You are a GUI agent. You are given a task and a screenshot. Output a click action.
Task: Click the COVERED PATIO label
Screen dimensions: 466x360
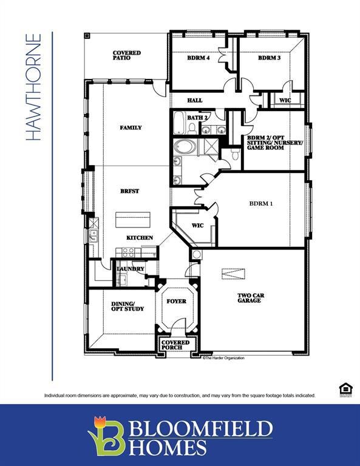tap(126, 56)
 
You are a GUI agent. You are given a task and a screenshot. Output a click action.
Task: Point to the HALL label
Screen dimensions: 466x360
tap(195, 101)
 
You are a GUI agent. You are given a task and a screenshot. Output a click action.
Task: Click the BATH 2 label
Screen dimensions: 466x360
tap(198, 117)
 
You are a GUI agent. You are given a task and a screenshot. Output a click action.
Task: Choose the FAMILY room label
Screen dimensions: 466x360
tap(131, 127)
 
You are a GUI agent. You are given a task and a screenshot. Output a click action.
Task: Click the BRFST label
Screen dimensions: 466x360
tap(129, 191)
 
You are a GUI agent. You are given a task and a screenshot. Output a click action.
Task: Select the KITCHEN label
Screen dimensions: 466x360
tap(140, 238)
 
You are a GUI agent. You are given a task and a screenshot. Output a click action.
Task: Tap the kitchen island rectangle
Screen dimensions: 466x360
tap(132, 219)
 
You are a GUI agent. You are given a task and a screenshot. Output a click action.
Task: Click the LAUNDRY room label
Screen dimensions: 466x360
tap(131, 268)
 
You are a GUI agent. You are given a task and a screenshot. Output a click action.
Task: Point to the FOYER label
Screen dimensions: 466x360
tap(176, 301)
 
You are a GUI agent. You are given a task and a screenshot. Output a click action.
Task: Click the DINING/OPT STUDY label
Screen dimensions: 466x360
tap(127, 306)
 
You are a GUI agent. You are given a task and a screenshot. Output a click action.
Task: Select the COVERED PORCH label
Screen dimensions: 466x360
tap(175, 345)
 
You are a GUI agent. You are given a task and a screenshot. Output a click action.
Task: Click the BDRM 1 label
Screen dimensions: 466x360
tap(261, 204)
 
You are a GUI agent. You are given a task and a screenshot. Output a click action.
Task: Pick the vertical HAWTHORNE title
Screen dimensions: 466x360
tap(35, 87)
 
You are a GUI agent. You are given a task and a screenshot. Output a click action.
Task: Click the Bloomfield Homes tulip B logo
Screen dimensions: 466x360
tap(107, 434)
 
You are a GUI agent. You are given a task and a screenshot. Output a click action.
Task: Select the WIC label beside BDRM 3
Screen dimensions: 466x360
tap(285, 100)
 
